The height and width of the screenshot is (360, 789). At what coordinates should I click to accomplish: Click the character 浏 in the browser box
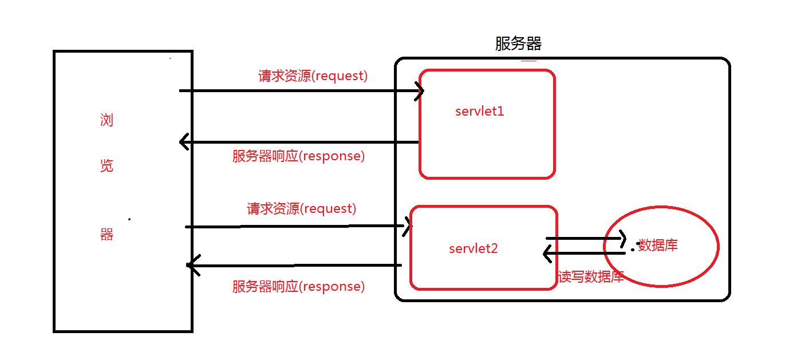coord(106,120)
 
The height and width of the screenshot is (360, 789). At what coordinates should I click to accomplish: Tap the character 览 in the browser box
coord(106,165)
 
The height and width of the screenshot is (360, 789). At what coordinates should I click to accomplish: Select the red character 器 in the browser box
coord(106,234)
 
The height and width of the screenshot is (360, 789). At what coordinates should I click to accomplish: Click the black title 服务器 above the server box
coord(518,44)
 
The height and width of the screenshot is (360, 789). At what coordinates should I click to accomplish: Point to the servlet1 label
coord(480,111)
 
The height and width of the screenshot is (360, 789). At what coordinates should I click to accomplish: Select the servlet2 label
coord(474,248)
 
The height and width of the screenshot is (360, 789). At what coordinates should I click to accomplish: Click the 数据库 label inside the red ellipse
coord(658,246)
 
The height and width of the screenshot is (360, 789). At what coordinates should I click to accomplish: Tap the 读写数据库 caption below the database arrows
coord(591,277)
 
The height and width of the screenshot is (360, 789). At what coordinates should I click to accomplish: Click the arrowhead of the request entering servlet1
coord(420,90)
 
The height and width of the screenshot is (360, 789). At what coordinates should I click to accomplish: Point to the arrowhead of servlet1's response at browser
coord(183,141)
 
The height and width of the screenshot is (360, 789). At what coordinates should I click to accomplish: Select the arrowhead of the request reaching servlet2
coord(408,226)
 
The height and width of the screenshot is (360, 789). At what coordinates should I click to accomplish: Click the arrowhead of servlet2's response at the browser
coord(191,265)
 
